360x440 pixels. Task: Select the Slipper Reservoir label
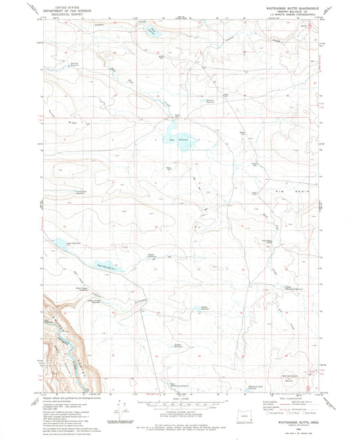point(153,255)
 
